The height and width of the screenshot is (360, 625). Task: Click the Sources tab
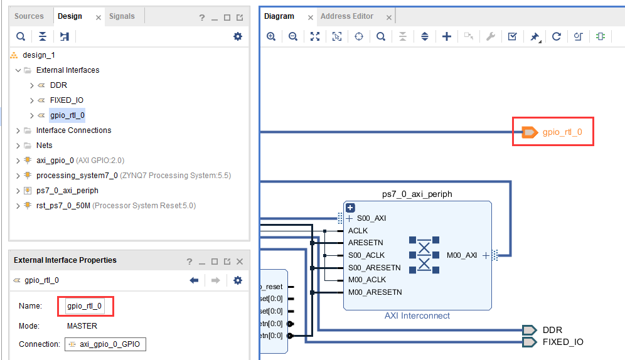(x=29, y=16)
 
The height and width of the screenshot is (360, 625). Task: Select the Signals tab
(x=122, y=16)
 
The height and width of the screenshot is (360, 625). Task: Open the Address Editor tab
(x=346, y=16)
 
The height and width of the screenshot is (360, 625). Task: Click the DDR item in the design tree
(x=58, y=85)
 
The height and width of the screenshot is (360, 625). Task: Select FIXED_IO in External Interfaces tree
(x=67, y=100)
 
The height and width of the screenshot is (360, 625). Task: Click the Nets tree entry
(x=45, y=146)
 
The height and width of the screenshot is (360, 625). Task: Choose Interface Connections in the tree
(x=73, y=130)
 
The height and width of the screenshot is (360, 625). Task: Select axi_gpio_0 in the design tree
(x=55, y=161)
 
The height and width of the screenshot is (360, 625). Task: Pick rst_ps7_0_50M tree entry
(x=63, y=206)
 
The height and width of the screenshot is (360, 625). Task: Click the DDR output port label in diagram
(x=552, y=330)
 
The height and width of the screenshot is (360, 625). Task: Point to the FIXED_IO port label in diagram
(x=563, y=342)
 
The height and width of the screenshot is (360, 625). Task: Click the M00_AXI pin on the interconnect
(x=462, y=255)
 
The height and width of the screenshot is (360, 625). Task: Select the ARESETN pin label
(x=365, y=243)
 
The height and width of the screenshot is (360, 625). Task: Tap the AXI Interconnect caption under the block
(x=417, y=315)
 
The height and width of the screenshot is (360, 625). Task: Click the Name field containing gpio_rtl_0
(x=85, y=306)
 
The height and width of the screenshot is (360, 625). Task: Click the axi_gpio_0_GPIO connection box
(x=105, y=344)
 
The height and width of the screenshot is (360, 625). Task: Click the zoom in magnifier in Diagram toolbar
(x=271, y=36)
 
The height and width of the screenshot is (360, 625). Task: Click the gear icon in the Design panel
(x=237, y=36)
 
